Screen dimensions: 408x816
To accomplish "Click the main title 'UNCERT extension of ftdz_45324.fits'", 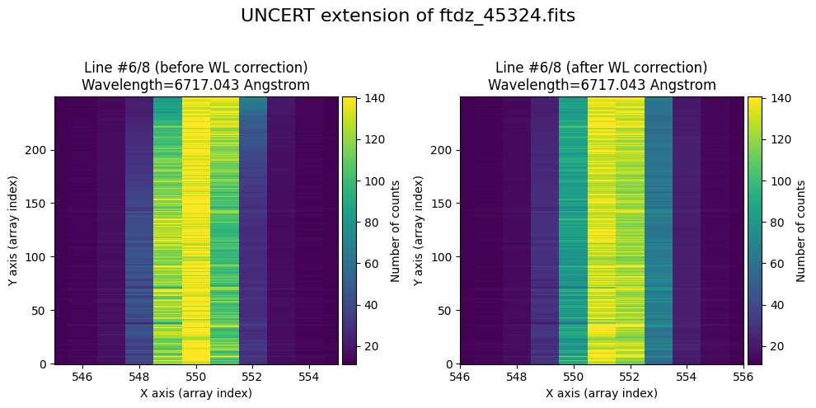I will [408, 16].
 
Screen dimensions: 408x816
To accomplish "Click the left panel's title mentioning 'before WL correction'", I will [196, 76].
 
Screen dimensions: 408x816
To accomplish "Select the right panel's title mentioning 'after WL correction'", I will [602, 76].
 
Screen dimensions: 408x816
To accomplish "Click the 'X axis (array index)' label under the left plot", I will [196, 393].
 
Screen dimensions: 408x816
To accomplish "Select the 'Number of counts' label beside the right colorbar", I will [800, 230].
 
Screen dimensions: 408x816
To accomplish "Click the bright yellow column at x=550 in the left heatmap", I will [196, 230].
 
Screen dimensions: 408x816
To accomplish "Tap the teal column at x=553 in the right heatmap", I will [659, 230].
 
